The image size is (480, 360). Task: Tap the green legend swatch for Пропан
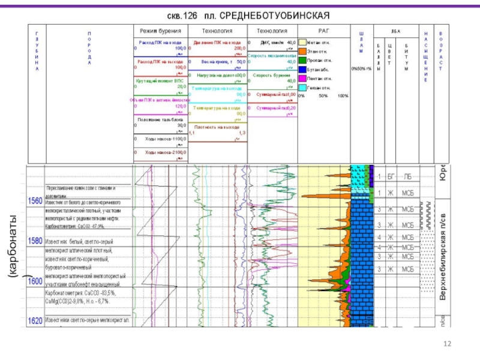point(302,61)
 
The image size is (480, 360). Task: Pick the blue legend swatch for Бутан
point(302,70)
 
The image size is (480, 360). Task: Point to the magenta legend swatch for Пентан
point(302,79)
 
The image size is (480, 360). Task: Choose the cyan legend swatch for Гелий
point(302,88)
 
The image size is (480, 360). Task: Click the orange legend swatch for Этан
point(302,52)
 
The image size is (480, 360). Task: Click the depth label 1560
point(35,201)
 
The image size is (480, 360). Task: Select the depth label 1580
point(35,241)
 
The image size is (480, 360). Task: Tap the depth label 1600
point(35,281)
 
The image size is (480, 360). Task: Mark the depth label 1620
point(35,321)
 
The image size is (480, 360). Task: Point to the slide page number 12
point(446,343)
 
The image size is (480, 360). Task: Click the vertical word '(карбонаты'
point(13,240)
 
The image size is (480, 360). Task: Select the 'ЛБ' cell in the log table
point(408,176)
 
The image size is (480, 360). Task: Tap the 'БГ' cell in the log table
point(391,176)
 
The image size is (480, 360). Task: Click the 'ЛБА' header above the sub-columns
point(395,29)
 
